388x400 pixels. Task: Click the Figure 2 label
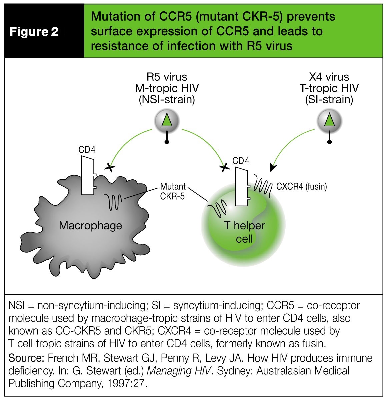tap(34, 32)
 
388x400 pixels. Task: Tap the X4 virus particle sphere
tap(329, 121)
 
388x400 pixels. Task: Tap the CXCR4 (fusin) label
tap(301, 186)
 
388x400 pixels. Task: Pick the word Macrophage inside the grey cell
tap(90, 226)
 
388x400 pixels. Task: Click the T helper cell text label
tap(244, 232)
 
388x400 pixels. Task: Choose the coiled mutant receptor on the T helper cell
tap(217, 208)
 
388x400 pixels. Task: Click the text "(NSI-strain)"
tap(166, 100)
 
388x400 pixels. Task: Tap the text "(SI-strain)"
tap(329, 100)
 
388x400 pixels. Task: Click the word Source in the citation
tap(26, 358)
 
